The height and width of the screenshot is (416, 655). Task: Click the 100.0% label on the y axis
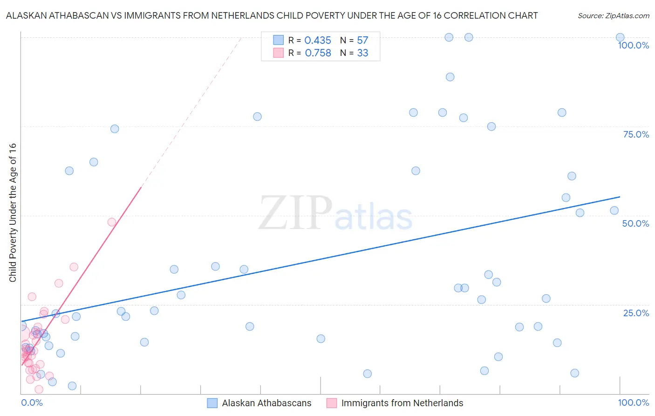[633, 45]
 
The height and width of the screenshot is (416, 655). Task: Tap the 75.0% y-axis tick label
[636, 134]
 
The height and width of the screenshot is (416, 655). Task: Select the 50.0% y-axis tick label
[635, 223]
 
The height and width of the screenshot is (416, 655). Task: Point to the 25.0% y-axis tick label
[636, 313]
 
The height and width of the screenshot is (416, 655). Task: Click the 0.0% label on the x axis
[32, 402]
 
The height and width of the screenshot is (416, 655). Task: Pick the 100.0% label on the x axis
[633, 402]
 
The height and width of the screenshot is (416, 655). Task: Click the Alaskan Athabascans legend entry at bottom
[266, 403]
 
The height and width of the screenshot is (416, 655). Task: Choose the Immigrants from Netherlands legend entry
[402, 403]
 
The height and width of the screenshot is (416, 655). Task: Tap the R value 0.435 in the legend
[318, 41]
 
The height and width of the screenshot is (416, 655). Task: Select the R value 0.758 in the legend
[318, 53]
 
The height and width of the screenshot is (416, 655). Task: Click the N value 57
[362, 41]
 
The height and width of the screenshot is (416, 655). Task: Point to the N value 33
[362, 53]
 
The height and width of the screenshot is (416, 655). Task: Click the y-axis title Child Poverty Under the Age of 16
[13, 212]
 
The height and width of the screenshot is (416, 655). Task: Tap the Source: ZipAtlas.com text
[613, 16]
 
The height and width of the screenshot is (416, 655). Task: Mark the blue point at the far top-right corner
[620, 37]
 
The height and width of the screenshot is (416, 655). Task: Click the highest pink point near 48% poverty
[112, 222]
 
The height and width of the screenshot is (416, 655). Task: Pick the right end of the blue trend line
[620, 197]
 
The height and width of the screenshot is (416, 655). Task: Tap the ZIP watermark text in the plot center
[295, 214]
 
